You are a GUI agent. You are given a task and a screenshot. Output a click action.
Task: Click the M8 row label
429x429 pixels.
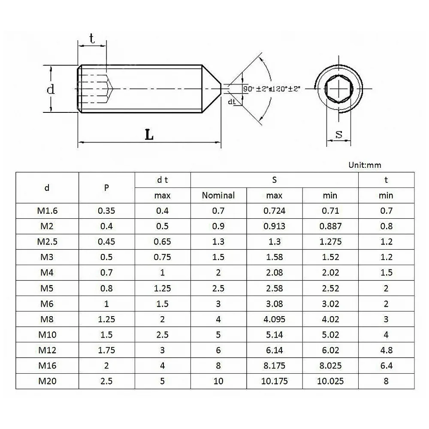(x=47, y=319)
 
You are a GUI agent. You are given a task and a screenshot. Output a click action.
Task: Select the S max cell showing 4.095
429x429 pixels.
(x=275, y=319)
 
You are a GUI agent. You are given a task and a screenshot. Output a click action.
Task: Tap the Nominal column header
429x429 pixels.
(x=218, y=195)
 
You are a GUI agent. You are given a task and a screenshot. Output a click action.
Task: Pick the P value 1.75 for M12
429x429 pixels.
(x=106, y=350)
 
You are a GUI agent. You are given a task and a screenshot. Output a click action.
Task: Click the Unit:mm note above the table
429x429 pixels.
(x=365, y=165)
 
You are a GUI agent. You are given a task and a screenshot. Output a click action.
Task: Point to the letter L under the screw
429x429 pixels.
(x=149, y=135)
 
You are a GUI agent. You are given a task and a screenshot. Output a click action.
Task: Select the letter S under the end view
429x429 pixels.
(x=339, y=134)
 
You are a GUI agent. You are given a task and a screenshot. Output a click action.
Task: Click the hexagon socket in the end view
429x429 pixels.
(x=339, y=89)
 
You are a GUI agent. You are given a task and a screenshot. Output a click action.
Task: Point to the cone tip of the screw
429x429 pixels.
(x=221, y=89)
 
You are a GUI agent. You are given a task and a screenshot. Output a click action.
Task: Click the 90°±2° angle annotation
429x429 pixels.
(x=256, y=89)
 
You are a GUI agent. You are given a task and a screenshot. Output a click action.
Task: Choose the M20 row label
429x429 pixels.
(x=47, y=381)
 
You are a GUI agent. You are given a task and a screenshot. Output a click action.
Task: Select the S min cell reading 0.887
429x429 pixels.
(x=330, y=226)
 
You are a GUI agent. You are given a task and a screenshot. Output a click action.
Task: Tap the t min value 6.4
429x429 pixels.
(x=387, y=366)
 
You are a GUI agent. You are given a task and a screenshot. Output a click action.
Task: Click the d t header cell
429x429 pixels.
(x=163, y=180)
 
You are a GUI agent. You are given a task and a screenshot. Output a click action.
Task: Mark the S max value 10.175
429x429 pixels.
(x=275, y=381)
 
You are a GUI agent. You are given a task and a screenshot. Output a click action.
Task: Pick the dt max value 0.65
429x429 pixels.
(x=162, y=242)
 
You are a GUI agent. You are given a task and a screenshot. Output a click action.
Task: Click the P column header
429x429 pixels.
(x=106, y=188)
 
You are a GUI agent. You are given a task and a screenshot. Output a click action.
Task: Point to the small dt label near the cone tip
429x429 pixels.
(x=232, y=102)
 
